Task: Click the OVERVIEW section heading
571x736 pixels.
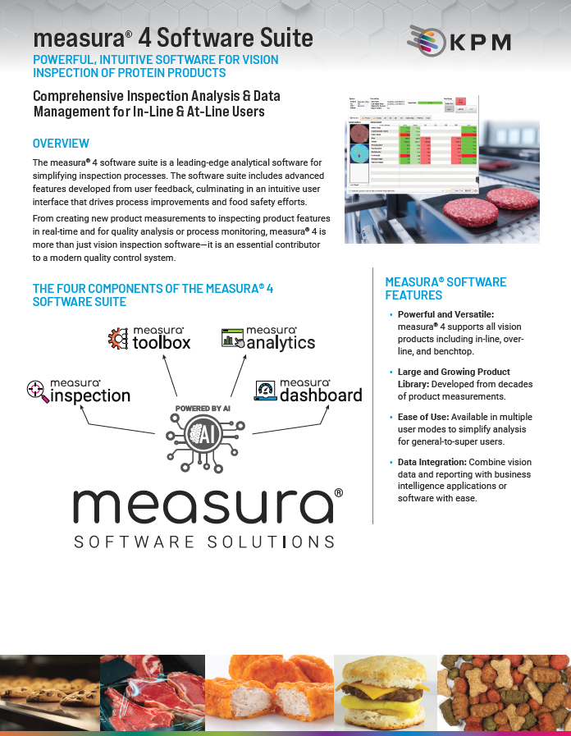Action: pos(61,144)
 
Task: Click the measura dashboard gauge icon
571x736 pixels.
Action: pos(265,391)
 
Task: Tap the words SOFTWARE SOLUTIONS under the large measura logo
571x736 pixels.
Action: pos(203,542)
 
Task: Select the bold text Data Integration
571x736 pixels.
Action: pos(432,463)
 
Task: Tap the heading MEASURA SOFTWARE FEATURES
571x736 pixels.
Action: pos(445,288)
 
